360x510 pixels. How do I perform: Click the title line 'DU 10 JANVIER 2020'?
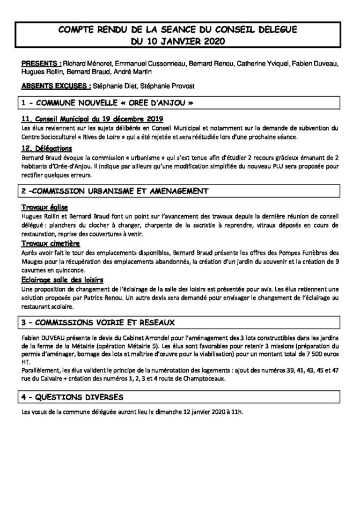[180, 41]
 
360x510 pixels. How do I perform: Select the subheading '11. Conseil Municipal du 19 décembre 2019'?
[92, 119]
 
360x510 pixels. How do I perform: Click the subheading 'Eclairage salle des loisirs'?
[63, 279]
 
